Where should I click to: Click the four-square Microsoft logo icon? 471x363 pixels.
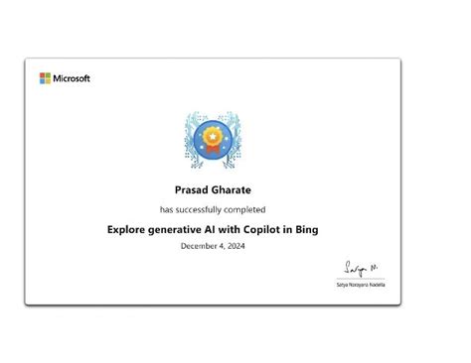click(45, 78)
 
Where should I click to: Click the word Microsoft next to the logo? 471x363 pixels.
click(71, 78)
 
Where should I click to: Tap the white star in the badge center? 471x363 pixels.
click(213, 132)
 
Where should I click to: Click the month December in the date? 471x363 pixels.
click(198, 247)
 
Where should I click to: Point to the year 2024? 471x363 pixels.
click(235, 247)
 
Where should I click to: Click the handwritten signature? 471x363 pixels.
click(357, 266)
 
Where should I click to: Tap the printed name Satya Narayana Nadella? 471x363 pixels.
click(361, 285)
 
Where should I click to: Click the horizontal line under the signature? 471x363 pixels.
click(361, 279)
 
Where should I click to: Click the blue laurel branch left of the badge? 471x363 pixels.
click(189, 139)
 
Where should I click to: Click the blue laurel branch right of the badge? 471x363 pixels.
click(236, 139)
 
